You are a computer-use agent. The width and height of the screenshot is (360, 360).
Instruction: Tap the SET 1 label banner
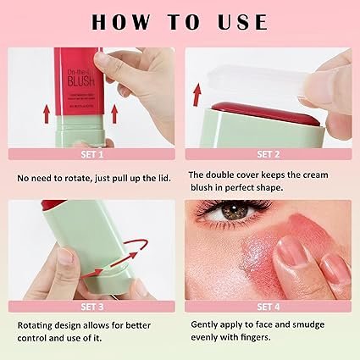tap(90, 154)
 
